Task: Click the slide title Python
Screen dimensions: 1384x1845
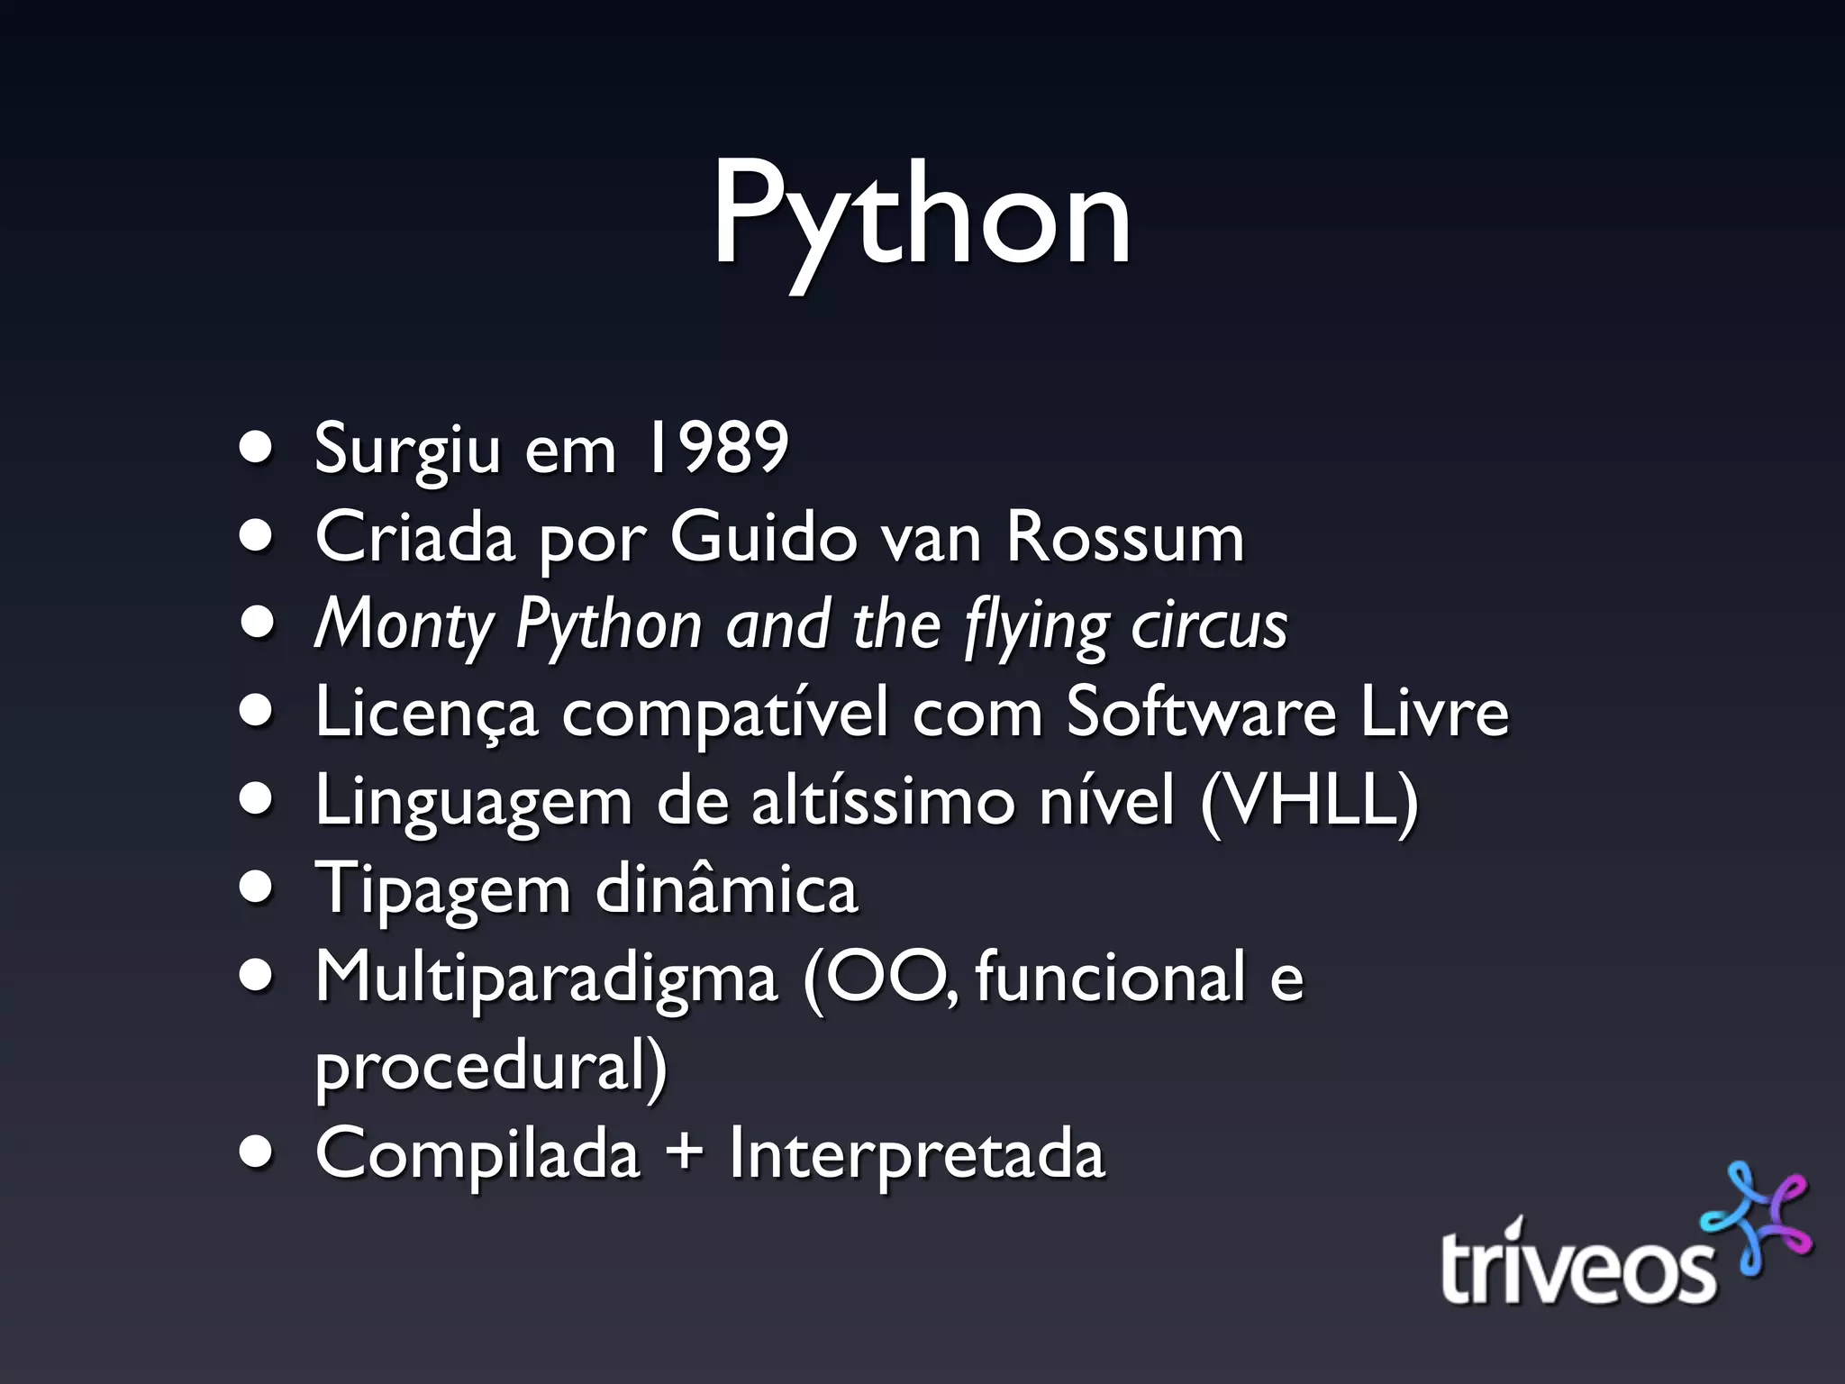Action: [x=921, y=216]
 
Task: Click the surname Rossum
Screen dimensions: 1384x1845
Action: [x=1124, y=537]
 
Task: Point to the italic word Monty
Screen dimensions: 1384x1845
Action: [x=404, y=625]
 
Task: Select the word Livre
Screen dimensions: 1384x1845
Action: [x=1434, y=712]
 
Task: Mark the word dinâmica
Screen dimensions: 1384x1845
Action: [x=726, y=888]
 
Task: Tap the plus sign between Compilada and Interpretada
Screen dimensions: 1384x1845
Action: [x=685, y=1153]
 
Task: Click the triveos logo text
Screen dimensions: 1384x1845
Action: [x=1577, y=1261]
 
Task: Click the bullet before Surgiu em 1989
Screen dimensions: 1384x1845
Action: [x=257, y=448]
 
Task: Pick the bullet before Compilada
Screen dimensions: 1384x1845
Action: [x=257, y=1154]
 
